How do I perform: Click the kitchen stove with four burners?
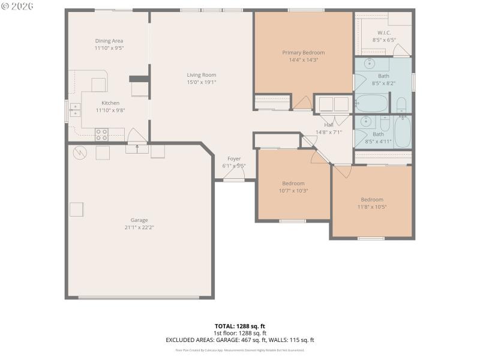point(101,134)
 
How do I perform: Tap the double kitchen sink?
point(75,109)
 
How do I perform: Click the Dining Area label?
point(109,41)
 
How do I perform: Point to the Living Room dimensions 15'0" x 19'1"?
point(201,82)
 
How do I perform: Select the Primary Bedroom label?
point(303,53)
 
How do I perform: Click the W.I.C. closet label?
point(384,32)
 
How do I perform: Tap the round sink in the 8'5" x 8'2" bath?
point(370,63)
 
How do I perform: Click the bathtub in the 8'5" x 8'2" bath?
point(372,103)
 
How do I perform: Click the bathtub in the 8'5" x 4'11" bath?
point(402,131)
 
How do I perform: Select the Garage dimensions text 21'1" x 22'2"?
point(139,227)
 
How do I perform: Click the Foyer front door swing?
point(234,174)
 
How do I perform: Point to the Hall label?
point(328,125)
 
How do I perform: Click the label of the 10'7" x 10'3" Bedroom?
point(293,183)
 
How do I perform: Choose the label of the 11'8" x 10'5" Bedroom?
point(371,199)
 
